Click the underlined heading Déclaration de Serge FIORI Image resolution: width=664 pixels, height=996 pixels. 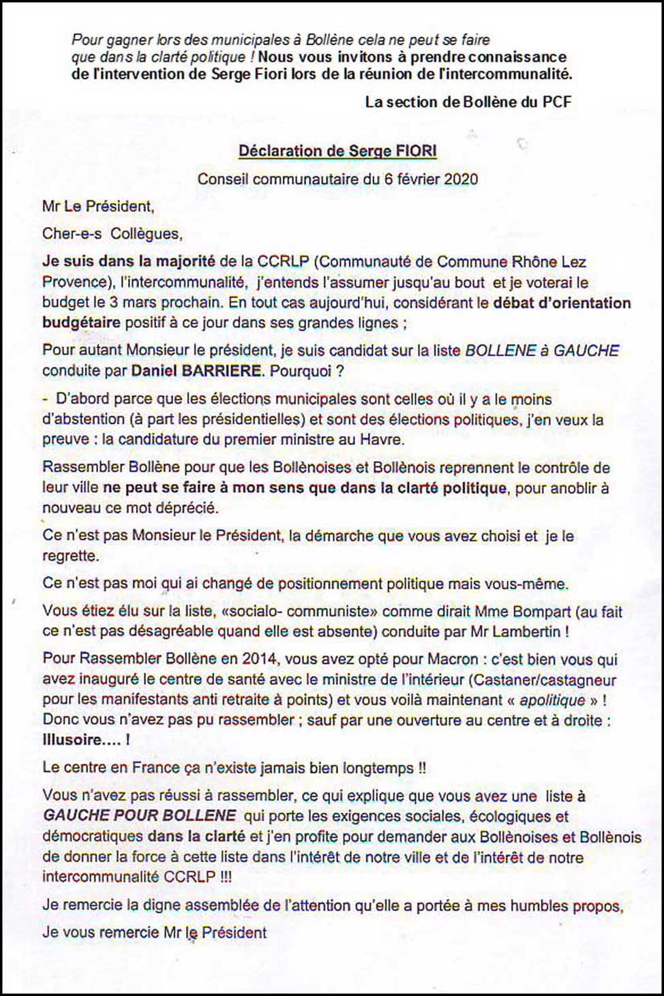[x=337, y=151]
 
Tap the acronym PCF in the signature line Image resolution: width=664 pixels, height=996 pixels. [x=556, y=102]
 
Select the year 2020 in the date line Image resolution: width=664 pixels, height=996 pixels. [x=461, y=179]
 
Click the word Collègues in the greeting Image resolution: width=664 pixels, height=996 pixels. [x=146, y=234]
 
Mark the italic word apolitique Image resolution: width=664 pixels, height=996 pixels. [x=552, y=700]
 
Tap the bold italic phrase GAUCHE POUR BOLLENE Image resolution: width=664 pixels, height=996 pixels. [x=140, y=816]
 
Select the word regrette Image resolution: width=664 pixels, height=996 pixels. [x=70, y=556]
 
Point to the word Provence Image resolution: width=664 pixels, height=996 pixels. [x=74, y=282]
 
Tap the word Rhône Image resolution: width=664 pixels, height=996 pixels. [x=532, y=262]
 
